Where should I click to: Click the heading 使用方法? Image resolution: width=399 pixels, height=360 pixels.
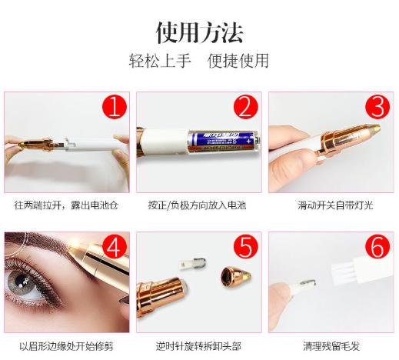(x=199, y=33)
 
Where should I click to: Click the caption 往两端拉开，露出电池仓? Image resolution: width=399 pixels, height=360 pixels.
(x=67, y=205)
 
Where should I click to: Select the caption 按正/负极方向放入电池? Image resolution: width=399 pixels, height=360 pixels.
(x=198, y=205)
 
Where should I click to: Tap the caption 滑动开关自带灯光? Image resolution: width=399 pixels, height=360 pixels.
(x=331, y=205)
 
